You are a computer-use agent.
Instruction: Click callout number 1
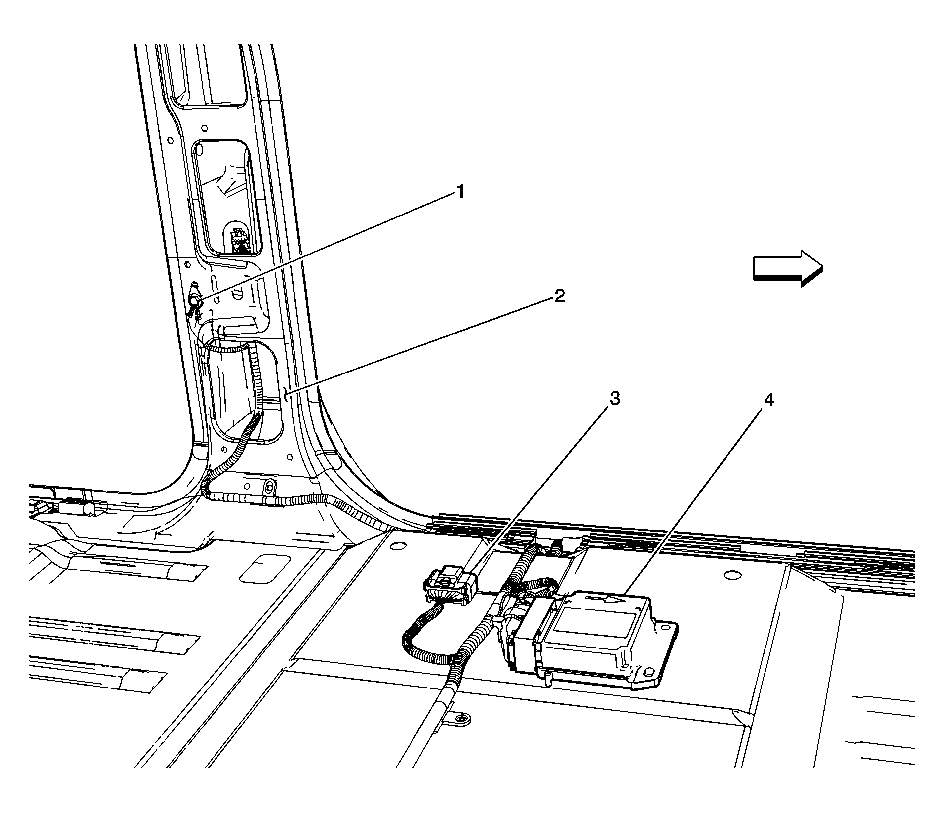(x=459, y=191)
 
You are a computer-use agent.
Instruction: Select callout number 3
(x=615, y=399)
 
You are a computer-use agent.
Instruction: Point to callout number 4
(x=768, y=400)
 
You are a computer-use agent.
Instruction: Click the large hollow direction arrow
(x=788, y=268)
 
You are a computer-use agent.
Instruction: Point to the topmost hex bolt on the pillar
(x=204, y=127)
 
